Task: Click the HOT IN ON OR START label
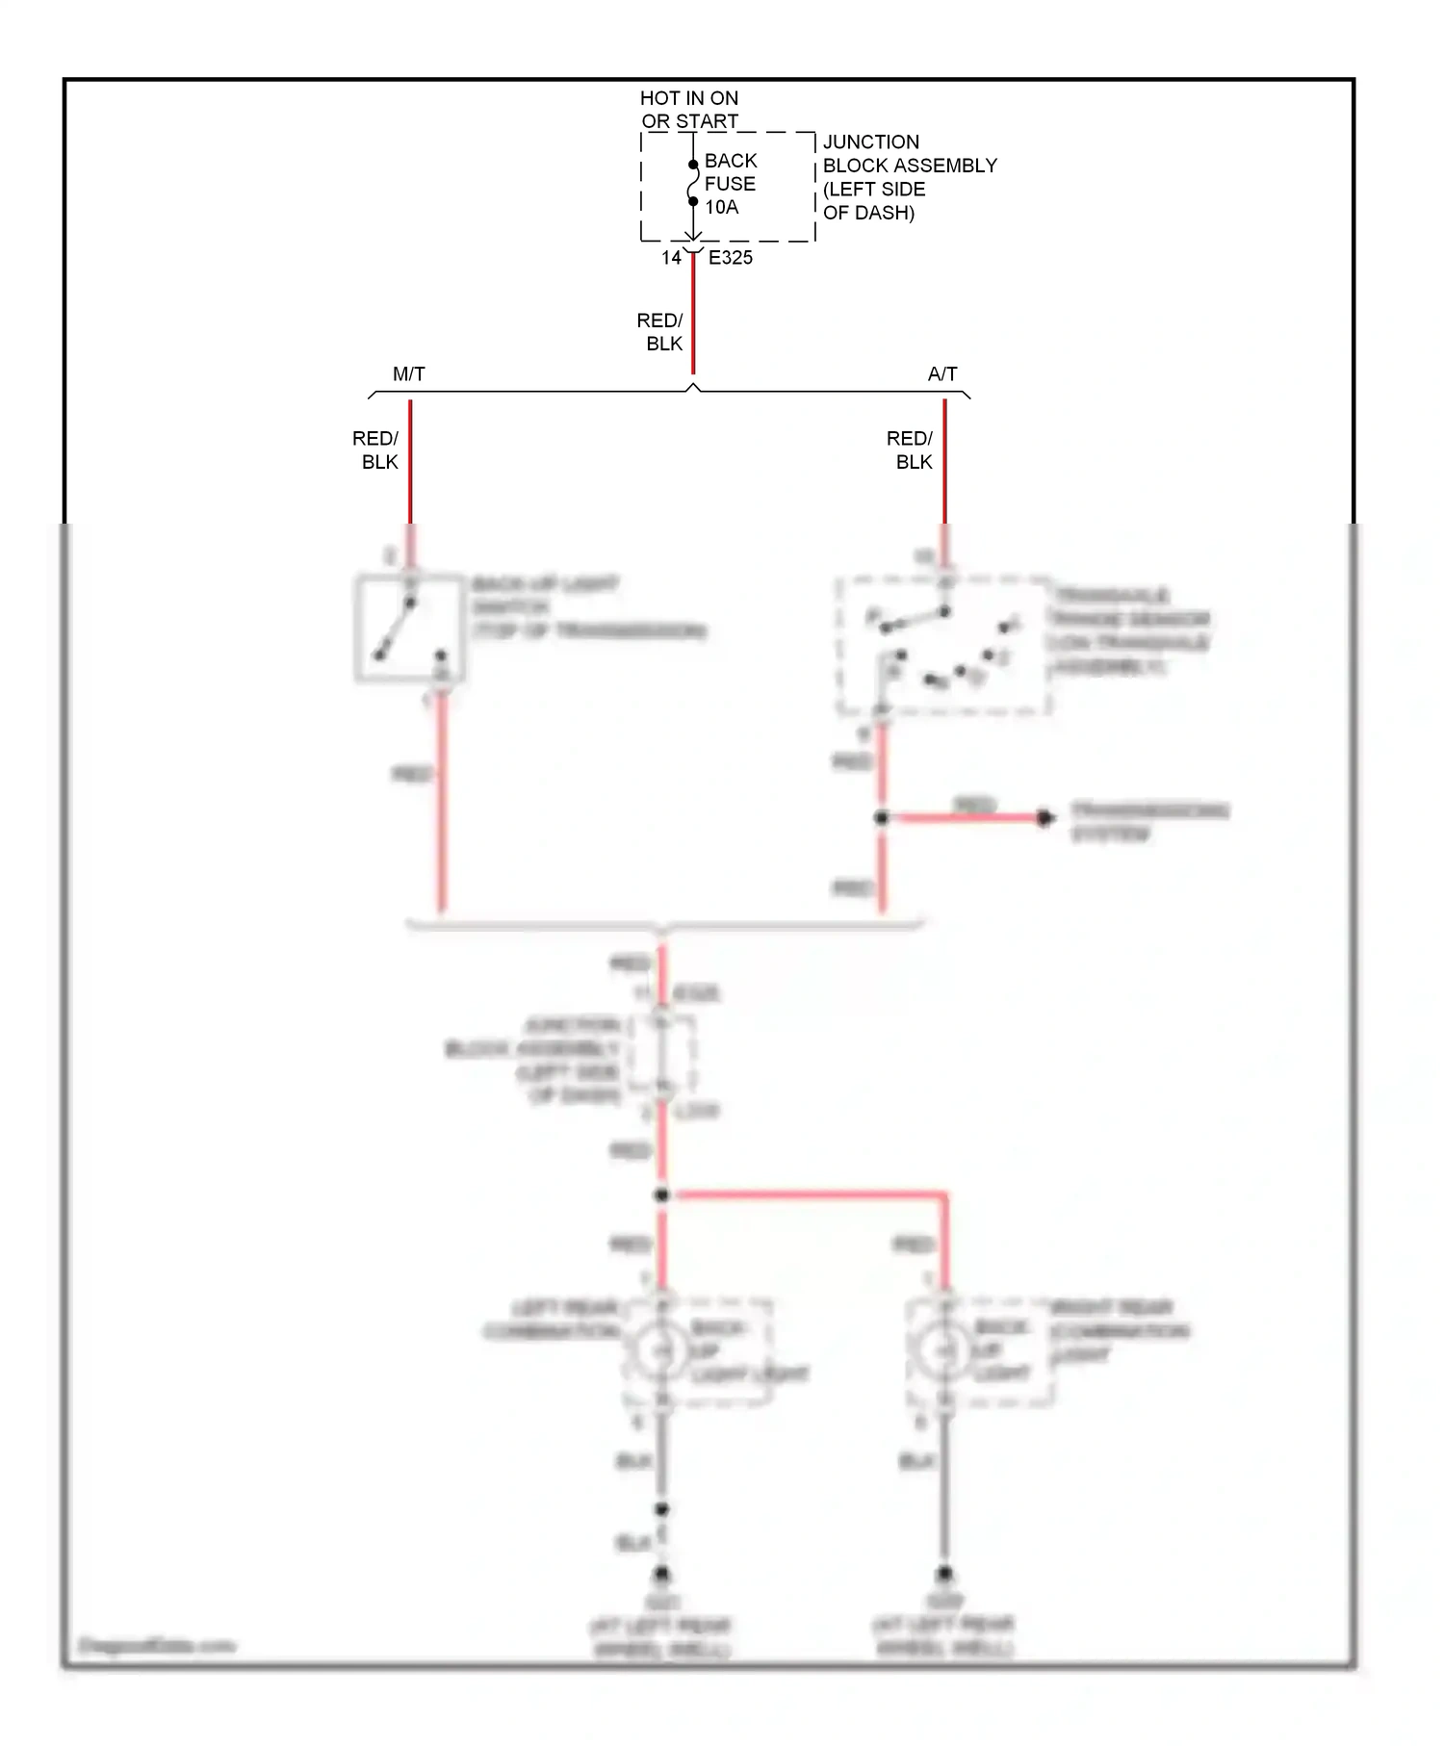coord(689,110)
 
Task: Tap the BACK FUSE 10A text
coord(731,184)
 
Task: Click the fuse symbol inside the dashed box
coord(693,183)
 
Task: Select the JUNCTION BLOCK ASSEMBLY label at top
coord(909,177)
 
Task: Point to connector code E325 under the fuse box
coord(731,258)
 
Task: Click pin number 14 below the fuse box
coord(671,258)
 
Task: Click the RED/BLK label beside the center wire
coord(660,332)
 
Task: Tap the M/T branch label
coord(409,374)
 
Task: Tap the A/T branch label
coord(942,374)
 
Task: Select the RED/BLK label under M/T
coord(375,450)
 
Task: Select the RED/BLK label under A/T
coord(910,450)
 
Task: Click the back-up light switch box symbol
coord(409,629)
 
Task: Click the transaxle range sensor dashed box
coord(942,646)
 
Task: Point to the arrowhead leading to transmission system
coord(1045,818)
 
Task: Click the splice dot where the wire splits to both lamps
coord(661,1194)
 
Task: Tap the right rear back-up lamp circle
coord(945,1351)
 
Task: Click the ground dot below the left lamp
coord(661,1576)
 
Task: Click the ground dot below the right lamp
coord(945,1576)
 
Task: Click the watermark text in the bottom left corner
coord(156,1645)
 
